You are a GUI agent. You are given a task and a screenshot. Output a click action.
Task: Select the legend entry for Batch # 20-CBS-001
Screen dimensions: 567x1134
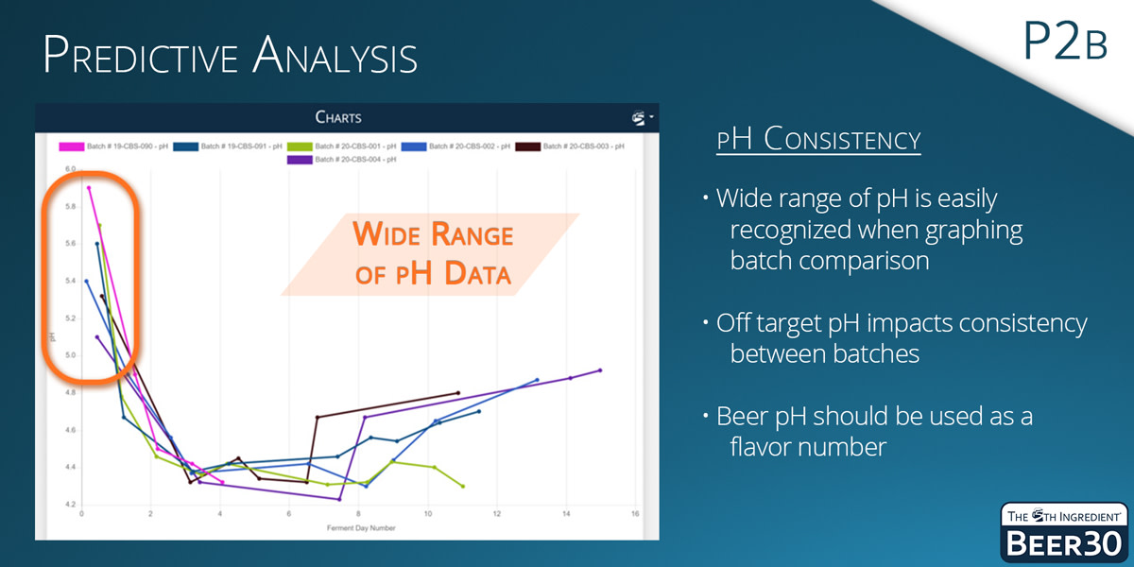coord(351,146)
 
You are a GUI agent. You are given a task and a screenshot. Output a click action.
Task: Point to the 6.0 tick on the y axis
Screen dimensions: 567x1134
coord(70,169)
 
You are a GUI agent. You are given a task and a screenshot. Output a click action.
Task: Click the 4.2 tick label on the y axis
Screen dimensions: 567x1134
coord(70,505)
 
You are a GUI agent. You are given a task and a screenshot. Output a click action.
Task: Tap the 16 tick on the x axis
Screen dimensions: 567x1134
coord(635,514)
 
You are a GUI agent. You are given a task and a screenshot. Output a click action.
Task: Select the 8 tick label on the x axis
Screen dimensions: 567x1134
coord(358,514)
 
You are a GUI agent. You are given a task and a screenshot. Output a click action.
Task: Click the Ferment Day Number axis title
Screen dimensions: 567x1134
coord(359,527)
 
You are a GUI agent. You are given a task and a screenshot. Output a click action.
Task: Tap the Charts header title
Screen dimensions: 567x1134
coord(338,118)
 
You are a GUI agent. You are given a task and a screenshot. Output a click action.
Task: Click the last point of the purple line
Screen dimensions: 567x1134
coord(600,370)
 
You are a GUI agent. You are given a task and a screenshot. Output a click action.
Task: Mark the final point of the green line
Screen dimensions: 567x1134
coord(463,486)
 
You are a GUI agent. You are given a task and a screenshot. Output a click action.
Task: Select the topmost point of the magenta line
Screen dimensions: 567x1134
coord(88,187)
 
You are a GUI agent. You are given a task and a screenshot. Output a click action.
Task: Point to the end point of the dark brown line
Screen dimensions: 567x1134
coord(458,392)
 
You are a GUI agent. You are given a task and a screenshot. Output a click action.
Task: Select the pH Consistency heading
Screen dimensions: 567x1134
coord(818,140)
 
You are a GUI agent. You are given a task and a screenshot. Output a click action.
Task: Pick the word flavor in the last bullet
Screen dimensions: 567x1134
coord(763,446)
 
